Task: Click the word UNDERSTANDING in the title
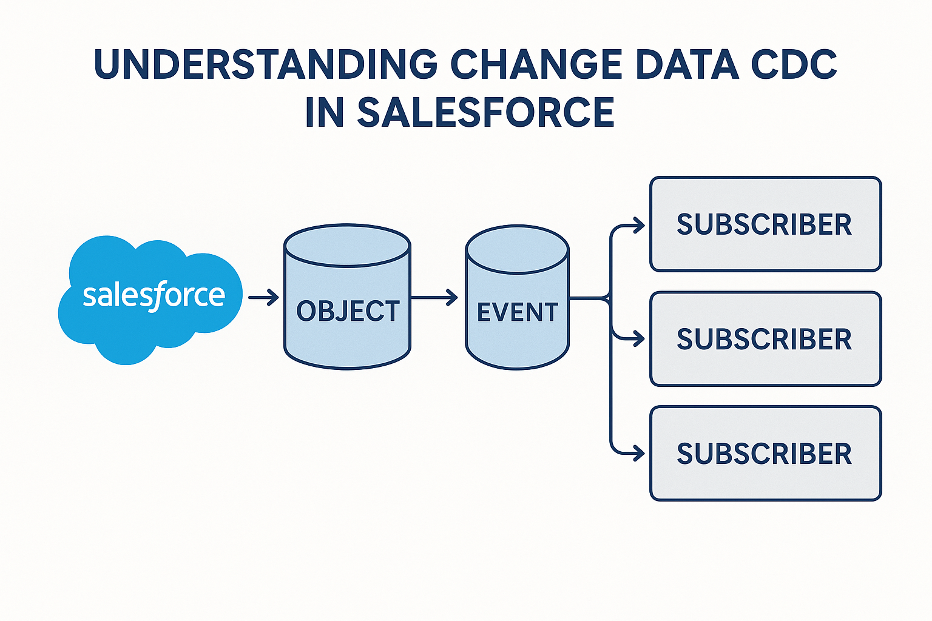[266, 64]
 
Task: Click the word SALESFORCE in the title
[486, 112]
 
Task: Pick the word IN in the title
[325, 112]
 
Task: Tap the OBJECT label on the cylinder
[348, 311]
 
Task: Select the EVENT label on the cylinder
[517, 312]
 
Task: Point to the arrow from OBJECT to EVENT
[434, 297]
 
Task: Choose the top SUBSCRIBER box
[765, 224]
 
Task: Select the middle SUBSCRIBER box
[765, 339]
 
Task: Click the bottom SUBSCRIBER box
[765, 454]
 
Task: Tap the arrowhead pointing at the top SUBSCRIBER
[638, 226]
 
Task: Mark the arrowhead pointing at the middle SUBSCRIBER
[638, 338]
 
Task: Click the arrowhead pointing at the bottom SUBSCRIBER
[638, 453]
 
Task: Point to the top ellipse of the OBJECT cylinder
[348, 246]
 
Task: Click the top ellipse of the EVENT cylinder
[517, 249]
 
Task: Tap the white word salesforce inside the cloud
[154, 296]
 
